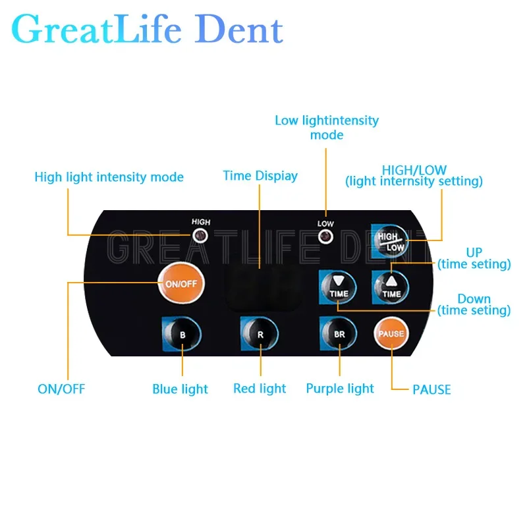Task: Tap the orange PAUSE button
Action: click(391, 333)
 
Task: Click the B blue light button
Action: click(182, 334)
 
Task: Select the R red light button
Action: click(260, 334)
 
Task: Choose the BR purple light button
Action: click(339, 334)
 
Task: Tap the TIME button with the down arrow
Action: click(339, 286)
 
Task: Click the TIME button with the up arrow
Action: click(391, 286)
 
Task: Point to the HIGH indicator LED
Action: click(201, 235)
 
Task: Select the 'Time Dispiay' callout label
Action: click(260, 176)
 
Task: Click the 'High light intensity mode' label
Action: click(109, 177)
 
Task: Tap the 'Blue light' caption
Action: click(180, 389)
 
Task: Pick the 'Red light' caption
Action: click(260, 389)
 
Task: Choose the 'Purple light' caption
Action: click(340, 389)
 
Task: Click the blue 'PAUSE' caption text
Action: click(431, 389)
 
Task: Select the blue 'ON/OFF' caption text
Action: click(61, 389)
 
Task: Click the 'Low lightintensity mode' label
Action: click(327, 127)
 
